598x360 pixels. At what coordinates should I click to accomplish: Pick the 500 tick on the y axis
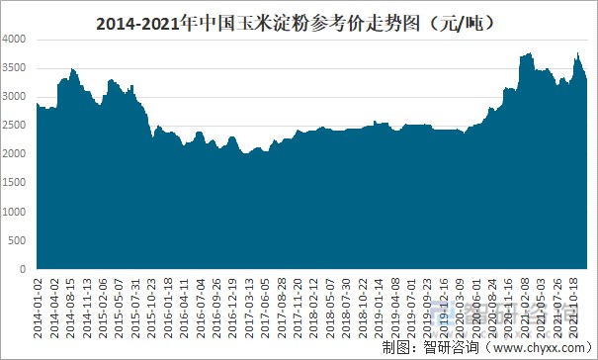(x=21, y=240)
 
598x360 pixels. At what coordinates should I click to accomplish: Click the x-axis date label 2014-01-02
(x=40, y=306)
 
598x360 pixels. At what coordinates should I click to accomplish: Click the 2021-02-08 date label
(x=532, y=306)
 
